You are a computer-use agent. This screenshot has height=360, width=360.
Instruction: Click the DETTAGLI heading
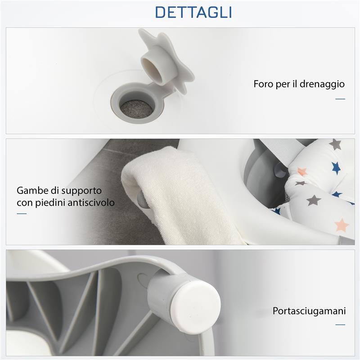[x=193, y=12]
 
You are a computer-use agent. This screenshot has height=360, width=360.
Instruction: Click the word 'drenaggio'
[x=323, y=84]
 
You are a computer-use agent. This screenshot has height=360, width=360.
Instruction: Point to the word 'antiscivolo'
[x=92, y=202]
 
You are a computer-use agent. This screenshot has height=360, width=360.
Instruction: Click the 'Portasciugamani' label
[x=309, y=311]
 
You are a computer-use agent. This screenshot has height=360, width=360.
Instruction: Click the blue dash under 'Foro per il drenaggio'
[x=340, y=99]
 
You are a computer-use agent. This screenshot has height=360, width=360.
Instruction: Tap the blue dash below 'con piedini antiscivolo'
[x=22, y=213]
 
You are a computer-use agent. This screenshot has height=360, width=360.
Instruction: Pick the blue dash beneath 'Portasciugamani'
[x=340, y=324]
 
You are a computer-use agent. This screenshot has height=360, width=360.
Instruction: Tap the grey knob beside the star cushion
[x=280, y=171]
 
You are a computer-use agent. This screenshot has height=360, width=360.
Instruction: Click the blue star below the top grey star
[x=336, y=168]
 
